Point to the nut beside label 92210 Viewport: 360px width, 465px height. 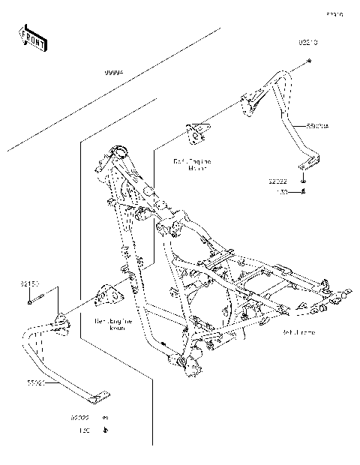point(309,67)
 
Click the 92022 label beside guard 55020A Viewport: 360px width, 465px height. point(278,181)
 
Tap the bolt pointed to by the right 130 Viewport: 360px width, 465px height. point(301,192)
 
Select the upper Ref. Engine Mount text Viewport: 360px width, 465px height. point(192,165)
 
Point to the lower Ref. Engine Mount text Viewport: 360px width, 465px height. point(114,324)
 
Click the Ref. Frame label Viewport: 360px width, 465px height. point(298,330)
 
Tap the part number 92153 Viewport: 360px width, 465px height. point(30,284)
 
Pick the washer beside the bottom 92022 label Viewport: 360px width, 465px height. point(106,417)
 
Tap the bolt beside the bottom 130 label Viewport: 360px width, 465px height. point(106,431)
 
